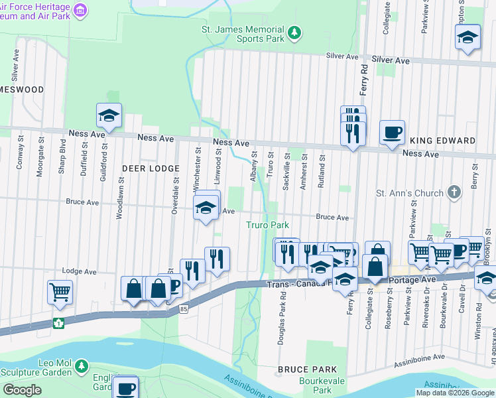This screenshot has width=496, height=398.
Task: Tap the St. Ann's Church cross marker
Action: [x=454, y=193]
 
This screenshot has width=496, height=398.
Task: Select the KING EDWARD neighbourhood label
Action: [x=442, y=141]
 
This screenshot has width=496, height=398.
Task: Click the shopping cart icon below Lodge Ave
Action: [x=60, y=292]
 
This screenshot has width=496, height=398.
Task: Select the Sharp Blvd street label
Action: [x=62, y=155]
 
